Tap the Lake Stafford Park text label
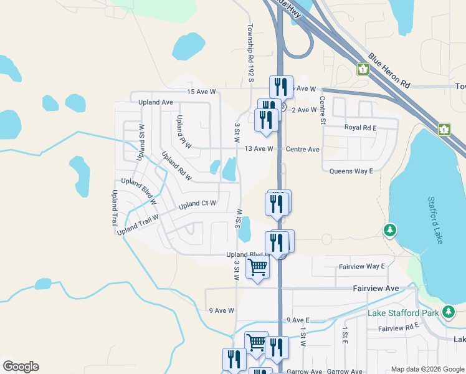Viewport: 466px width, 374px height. coord(404,312)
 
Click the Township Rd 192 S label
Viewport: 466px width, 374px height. coord(251,53)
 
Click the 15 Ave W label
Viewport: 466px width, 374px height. coord(201,92)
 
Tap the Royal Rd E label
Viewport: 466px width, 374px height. coord(361,127)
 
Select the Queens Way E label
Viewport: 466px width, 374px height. coord(351,171)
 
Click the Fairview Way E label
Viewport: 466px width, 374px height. coord(362,266)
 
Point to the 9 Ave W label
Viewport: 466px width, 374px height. coord(221,310)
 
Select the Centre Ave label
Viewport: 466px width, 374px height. coord(303,150)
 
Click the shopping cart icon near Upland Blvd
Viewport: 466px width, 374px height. coord(258,268)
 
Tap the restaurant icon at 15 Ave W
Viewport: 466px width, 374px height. coord(281,85)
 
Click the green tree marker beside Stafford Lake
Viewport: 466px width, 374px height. coord(390,230)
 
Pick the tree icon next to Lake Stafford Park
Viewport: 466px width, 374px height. coord(448,311)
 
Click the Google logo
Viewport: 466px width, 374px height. coord(21,367)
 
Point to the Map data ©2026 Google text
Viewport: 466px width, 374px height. coord(427,369)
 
